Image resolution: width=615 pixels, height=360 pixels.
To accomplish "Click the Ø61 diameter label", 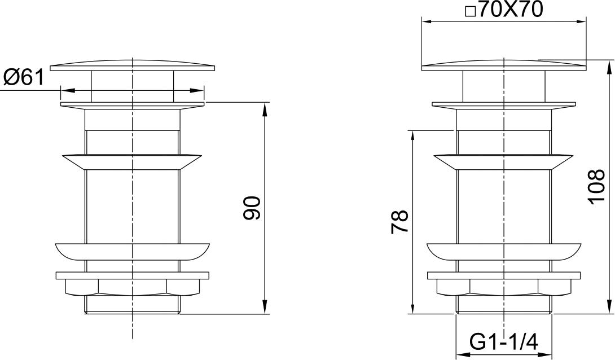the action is coord(24,77).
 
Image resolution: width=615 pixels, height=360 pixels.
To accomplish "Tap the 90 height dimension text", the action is coord(252,208).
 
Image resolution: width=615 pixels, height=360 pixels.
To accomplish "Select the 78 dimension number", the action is coord(399,222).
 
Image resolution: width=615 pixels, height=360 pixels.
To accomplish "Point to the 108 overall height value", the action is coord(596,186).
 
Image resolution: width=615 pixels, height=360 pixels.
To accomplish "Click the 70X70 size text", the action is coord(510,10).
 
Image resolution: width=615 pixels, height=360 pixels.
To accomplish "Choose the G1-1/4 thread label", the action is coord(504,343).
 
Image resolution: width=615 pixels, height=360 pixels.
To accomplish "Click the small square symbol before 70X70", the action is coord(470,12).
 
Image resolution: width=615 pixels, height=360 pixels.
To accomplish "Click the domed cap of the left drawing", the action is coord(133,65).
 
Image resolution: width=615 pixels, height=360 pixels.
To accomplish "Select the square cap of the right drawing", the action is coord(504,65).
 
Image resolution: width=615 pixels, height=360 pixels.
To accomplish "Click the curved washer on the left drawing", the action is coord(133,252).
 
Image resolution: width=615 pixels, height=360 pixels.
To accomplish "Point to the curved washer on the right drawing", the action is coord(504,252).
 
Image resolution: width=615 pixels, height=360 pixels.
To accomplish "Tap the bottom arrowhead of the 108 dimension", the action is coord(609,308).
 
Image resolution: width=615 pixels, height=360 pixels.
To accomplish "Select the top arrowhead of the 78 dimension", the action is coord(412,137).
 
